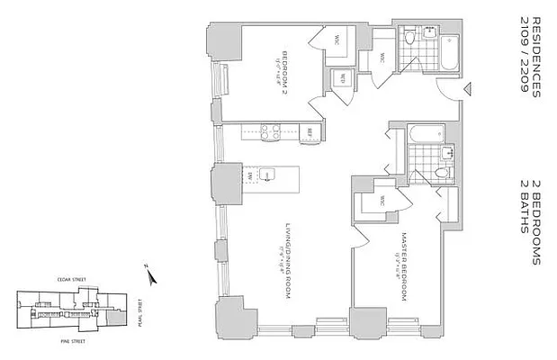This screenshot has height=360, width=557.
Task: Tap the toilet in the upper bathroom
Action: (409, 37)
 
